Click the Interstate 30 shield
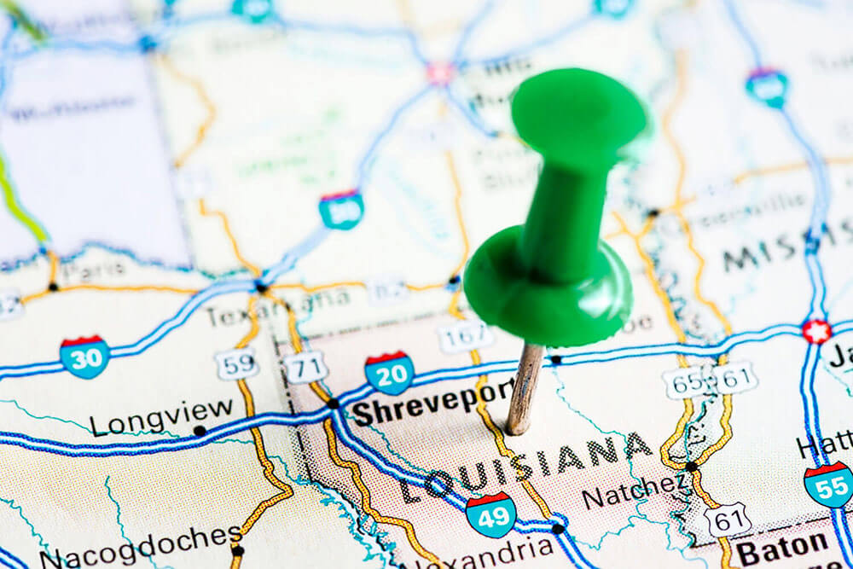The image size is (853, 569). (84, 357)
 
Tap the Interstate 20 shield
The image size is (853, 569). (390, 373)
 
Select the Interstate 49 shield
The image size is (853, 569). (490, 514)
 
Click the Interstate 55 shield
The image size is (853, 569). (828, 485)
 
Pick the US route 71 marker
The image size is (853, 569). (305, 368)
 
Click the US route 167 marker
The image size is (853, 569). (465, 338)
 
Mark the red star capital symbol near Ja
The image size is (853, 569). (816, 331)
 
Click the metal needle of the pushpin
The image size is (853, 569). (523, 388)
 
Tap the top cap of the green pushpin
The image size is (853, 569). (579, 109)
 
